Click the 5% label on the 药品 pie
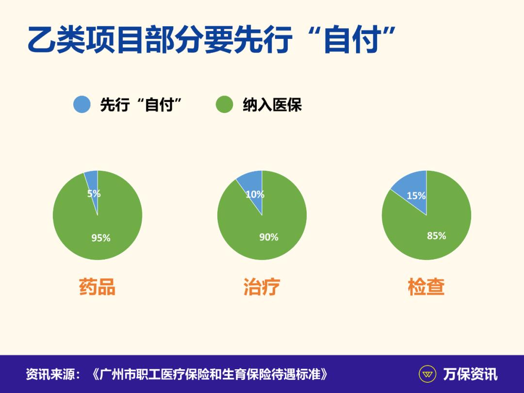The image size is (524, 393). pyautogui.click(x=94, y=194)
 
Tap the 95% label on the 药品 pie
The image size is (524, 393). pyautogui.click(x=101, y=238)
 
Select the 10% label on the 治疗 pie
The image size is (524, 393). pyautogui.click(x=255, y=195)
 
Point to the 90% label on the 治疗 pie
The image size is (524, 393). pyautogui.click(x=268, y=237)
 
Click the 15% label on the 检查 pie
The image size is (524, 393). pyautogui.click(x=416, y=196)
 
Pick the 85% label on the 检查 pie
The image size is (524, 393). pyautogui.click(x=436, y=236)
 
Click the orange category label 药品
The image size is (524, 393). pyautogui.click(x=97, y=287)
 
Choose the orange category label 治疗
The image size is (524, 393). pyautogui.click(x=262, y=287)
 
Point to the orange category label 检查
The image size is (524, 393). pyautogui.click(x=426, y=287)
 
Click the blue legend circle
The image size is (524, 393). pyautogui.click(x=82, y=104)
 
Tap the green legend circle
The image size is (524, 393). pyautogui.click(x=224, y=104)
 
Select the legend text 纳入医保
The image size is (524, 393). pyautogui.click(x=272, y=105)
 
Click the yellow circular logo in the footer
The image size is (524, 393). pyautogui.click(x=427, y=374)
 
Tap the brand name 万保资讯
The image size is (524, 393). pyautogui.click(x=470, y=374)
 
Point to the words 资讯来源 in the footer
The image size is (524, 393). pyautogui.click(x=49, y=374)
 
